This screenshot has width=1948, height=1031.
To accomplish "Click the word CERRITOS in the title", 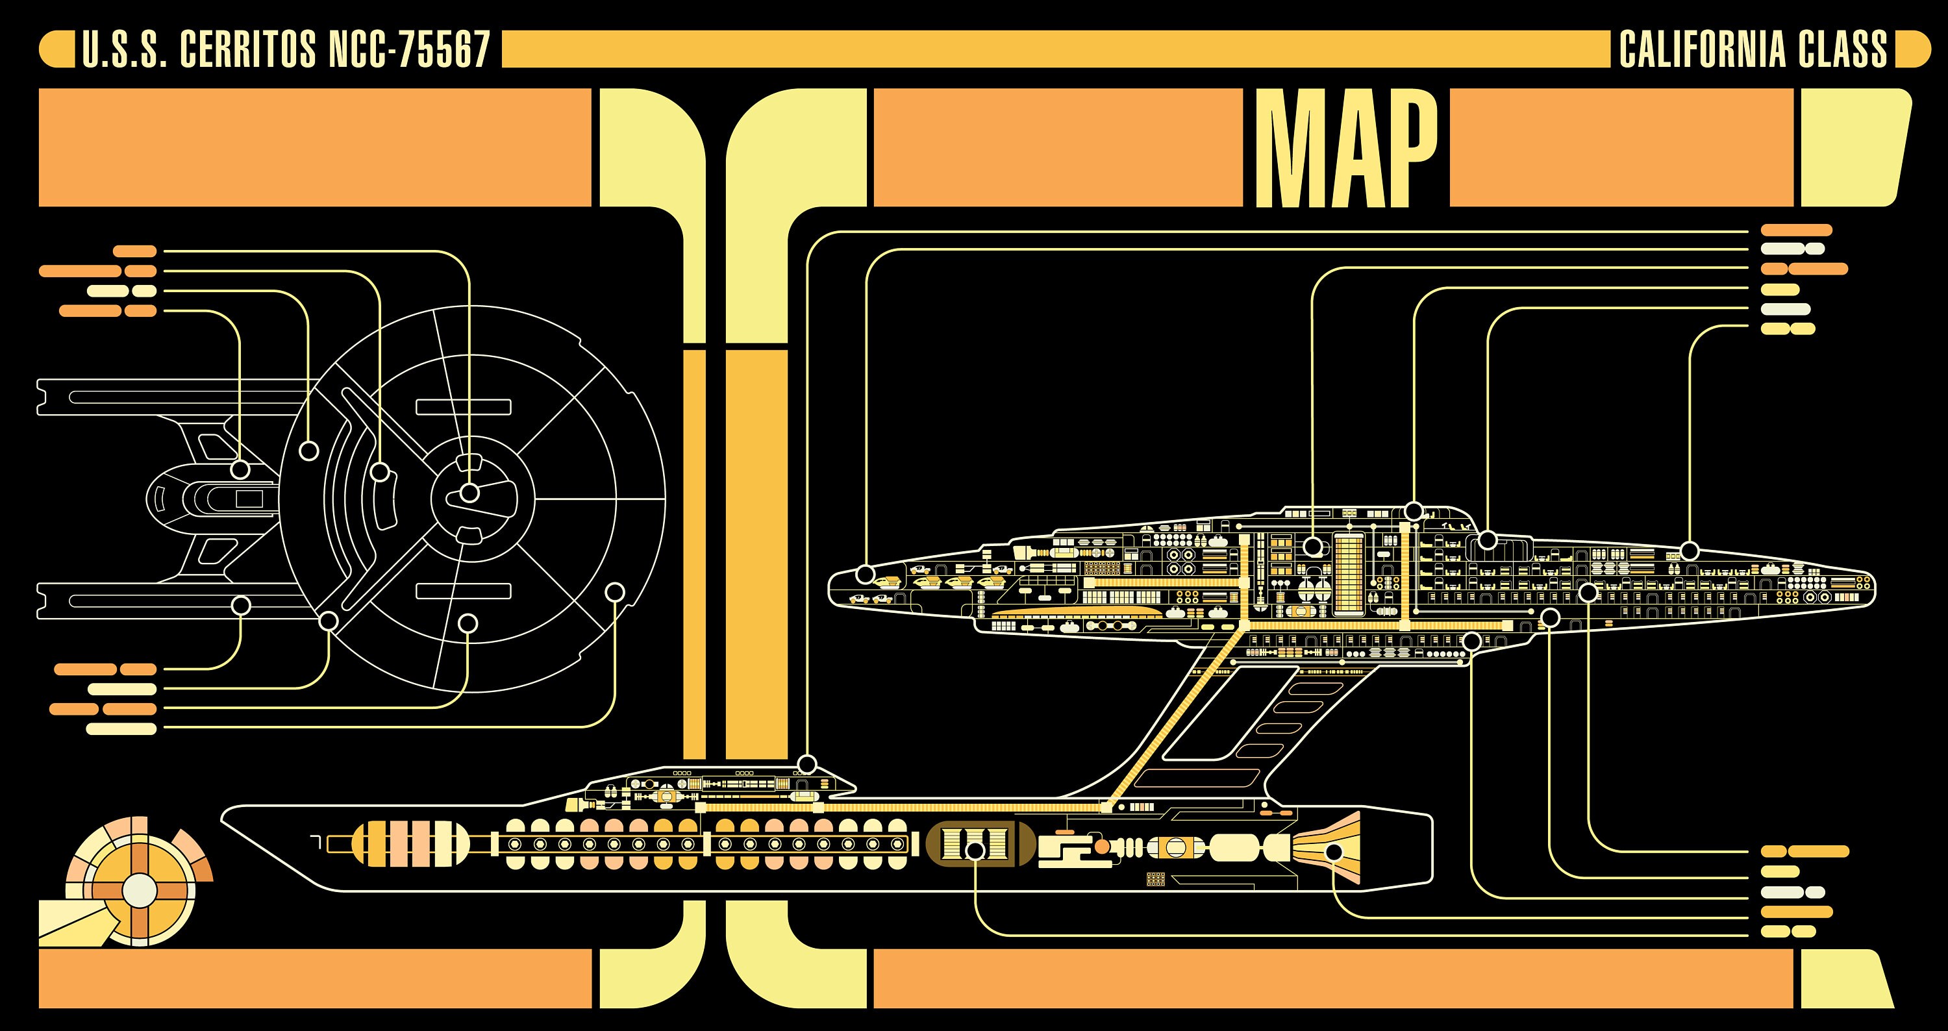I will tap(248, 50).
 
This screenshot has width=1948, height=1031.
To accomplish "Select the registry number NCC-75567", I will tap(409, 50).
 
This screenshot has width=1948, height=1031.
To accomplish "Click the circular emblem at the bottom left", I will tap(139, 890).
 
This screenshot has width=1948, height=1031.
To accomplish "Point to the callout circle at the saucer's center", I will tap(469, 493).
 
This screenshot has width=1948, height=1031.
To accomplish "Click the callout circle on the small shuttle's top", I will tap(808, 763).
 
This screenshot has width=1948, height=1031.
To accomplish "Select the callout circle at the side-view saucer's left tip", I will tap(865, 575).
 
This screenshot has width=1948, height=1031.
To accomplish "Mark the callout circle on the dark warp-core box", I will tap(976, 851).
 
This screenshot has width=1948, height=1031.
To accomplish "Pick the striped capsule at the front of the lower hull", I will tap(410, 843).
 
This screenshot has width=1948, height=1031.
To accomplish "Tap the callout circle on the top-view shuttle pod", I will tap(240, 469).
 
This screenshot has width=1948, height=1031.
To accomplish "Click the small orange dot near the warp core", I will tap(1102, 847).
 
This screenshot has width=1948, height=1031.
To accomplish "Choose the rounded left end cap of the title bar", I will tap(56, 49).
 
